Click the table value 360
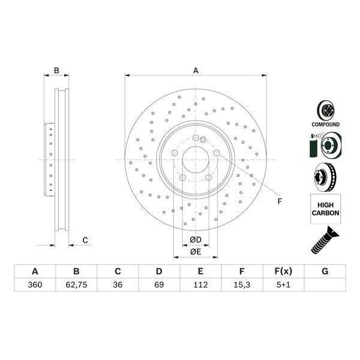click(x=35, y=284)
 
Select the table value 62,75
click(x=76, y=284)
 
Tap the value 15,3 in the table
click(x=242, y=284)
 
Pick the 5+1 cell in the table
click(x=283, y=284)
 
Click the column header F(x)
click(x=283, y=271)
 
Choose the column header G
click(x=325, y=271)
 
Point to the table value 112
click(x=200, y=284)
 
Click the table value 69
click(x=159, y=284)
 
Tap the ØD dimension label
click(x=196, y=239)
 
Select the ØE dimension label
click(x=196, y=251)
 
